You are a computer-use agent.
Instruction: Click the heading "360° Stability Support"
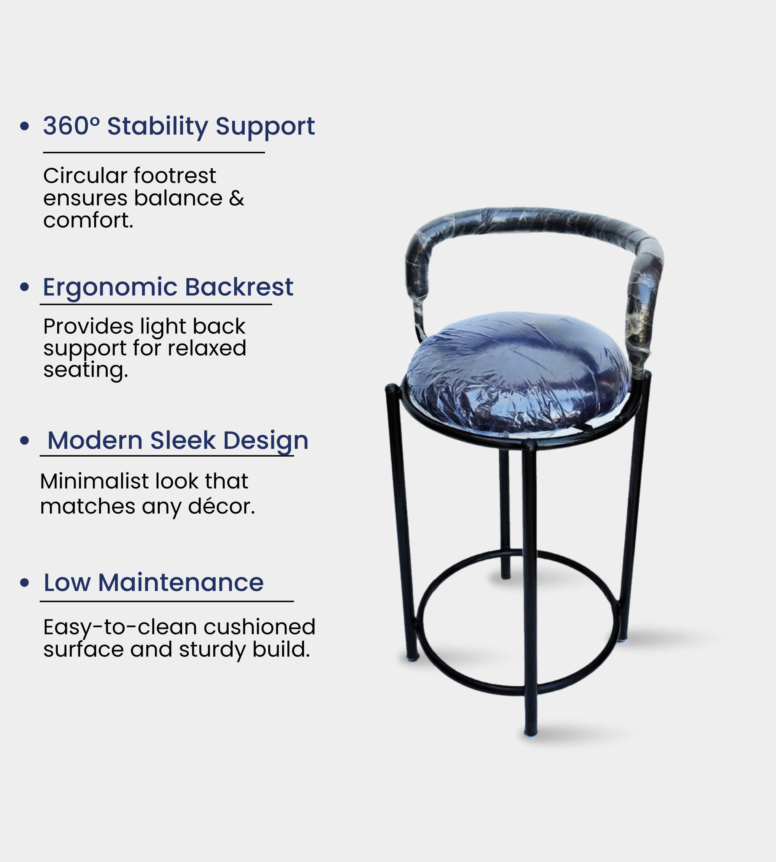pos(179,127)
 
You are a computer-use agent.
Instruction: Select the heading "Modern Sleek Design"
pos(178,441)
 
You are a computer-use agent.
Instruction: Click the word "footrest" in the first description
pos(175,176)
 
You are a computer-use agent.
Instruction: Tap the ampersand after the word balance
pos(237,198)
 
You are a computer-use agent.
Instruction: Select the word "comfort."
pos(88,220)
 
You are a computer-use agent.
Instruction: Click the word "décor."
pos(221,506)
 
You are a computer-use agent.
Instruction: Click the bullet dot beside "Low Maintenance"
pos(25,583)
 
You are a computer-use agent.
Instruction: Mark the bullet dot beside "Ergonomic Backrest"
pos(25,287)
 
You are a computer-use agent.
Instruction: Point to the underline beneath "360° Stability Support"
pos(154,152)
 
